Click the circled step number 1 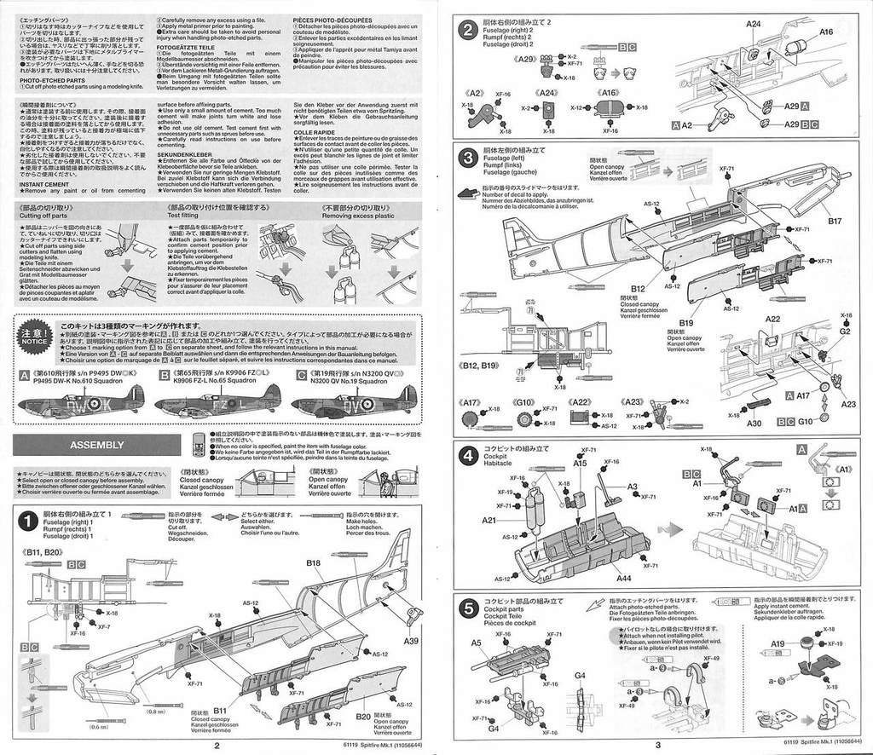pos(27,520)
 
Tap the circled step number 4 pos(467,455)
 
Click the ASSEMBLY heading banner pos(97,445)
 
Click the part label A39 pos(411,641)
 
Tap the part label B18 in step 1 pos(313,564)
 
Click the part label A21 pos(489,521)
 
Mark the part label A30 pos(754,423)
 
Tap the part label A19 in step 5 pos(778,644)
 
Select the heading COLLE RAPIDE pos(313,132)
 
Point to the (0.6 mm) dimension pos(100,727)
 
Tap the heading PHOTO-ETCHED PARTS pos(54,80)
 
